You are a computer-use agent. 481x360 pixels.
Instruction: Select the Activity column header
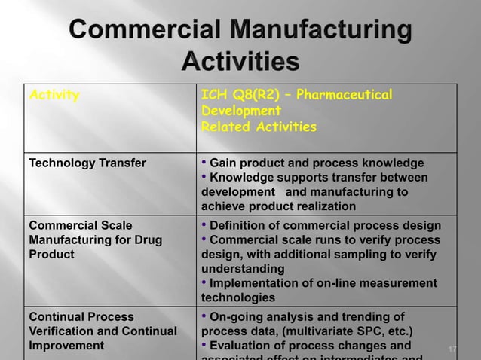point(54,96)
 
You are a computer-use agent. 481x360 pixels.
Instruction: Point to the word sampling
point(373,255)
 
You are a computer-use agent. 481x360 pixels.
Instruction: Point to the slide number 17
point(452,349)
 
